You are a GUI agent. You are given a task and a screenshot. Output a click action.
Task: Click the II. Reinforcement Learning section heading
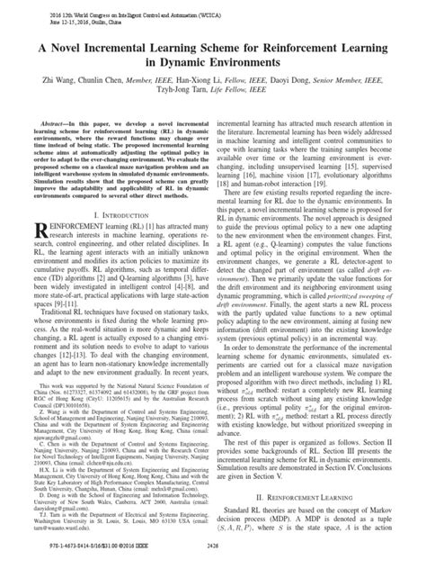[x=314, y=495]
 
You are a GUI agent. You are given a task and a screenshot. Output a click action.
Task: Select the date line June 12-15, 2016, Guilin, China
[x=68, y=22]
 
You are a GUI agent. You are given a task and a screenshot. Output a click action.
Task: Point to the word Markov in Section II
[x=390, y=510]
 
